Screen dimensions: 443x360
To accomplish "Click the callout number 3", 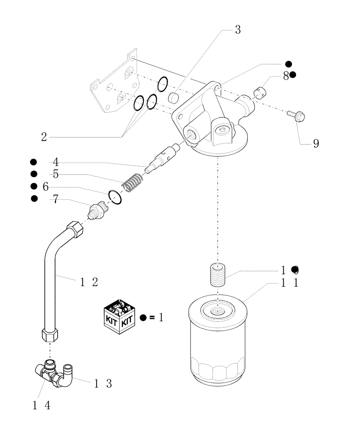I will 238,30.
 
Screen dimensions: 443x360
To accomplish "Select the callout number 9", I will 316,144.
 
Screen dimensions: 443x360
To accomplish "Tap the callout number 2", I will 43,137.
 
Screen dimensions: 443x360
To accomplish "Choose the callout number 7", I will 55,199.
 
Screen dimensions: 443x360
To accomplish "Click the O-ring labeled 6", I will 115,197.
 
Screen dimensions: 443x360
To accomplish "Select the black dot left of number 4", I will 33,162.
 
